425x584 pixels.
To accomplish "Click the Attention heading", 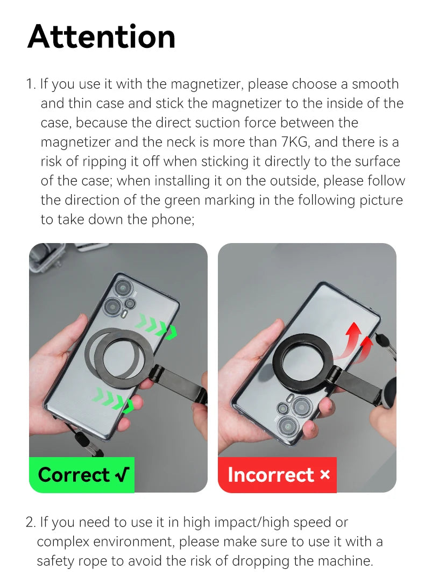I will (101, 37).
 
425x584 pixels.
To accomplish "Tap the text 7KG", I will (295, 142).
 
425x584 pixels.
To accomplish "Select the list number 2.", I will (30, 522).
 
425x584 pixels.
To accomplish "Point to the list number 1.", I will (30, 84).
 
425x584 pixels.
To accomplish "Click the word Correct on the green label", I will (74, 475).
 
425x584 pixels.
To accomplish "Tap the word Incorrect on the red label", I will (271, 475).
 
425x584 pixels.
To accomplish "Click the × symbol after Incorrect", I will (324, 475).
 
